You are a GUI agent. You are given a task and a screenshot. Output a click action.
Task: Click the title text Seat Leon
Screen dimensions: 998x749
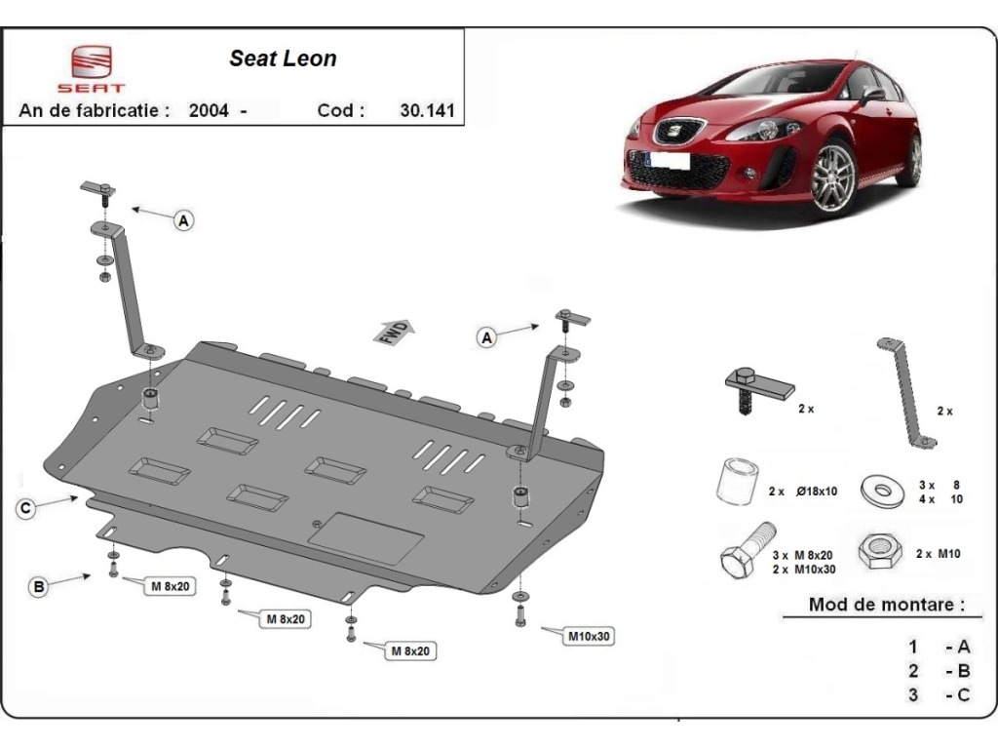point(283,59)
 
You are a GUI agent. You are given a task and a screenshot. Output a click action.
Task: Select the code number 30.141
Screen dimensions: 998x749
point(427,110)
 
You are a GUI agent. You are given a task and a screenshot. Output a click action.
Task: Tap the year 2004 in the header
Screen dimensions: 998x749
point(209,110)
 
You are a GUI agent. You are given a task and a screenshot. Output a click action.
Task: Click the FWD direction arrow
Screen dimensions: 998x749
point(394,332)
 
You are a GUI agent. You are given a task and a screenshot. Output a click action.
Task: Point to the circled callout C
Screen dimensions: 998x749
point(25,507)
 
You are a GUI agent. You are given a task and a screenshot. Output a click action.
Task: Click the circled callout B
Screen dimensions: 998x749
point(39,586)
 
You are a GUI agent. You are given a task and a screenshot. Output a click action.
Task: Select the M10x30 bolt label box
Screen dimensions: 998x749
point(589,636)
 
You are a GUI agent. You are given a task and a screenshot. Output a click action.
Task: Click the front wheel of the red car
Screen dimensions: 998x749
point(835,177)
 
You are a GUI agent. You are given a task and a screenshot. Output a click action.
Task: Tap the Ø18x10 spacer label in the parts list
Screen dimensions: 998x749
point(817,492)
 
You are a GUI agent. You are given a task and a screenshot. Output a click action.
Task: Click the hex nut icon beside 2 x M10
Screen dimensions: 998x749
point(880,551)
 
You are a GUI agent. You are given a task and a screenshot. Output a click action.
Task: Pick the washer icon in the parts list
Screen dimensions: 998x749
point(882,491)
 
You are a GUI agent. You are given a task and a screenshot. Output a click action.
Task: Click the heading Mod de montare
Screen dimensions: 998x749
point(886,604)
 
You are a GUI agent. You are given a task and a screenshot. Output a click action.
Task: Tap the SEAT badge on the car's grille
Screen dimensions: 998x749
point(669,132)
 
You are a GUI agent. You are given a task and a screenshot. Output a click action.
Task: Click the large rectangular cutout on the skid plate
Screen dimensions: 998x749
point(366,538)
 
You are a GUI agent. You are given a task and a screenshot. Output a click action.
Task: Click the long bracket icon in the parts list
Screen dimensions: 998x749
point(906,393)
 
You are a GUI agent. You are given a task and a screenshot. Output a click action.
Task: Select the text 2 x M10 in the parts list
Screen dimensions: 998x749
point(939,554)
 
